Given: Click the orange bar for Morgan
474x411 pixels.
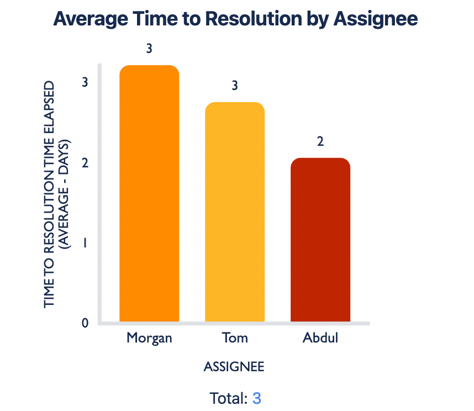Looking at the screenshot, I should (149, 193).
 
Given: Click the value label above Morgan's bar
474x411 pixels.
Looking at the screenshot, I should (149, 49).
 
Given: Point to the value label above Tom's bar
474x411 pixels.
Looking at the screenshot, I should (235, 86).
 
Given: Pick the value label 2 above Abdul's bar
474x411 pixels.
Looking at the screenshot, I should (320, 141).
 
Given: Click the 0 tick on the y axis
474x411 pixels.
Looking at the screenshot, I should (85, 323).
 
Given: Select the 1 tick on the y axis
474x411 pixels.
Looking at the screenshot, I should (85, 243).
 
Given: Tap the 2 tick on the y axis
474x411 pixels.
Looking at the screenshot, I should (85, 163).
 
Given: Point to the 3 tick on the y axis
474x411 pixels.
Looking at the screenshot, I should (85, 82).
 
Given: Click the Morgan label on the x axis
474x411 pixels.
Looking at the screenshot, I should (149, 338).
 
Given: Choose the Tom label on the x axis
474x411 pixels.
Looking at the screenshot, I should (235, 338).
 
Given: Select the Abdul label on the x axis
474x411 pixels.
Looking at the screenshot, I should (320, 338).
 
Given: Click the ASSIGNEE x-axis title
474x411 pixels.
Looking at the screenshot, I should (234, 367).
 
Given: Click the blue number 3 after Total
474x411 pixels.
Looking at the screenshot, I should (256, 398).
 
